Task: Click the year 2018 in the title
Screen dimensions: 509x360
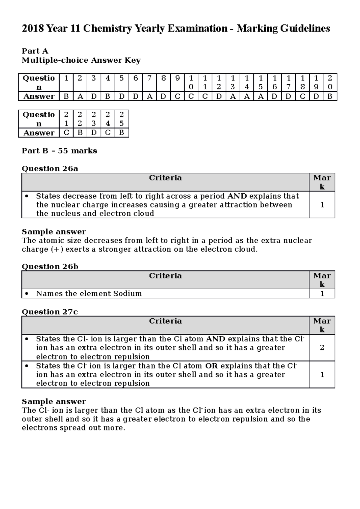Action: click(33, 29)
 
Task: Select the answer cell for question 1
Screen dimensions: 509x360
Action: click(66, 97)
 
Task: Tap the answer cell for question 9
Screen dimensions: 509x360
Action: click(177, 97)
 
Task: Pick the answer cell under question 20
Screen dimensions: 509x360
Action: click(330, 97)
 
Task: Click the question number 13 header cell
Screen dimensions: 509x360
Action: click(233, 82)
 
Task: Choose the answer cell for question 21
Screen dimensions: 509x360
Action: click(66, 133)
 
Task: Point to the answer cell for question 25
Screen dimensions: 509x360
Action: click(121, 133)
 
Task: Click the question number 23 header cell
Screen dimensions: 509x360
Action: click(94, 119)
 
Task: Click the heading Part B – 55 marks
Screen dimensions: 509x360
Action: click(59, 151)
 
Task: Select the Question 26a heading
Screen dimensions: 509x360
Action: click(50, 169)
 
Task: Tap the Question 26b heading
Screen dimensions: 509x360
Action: click(50, 266)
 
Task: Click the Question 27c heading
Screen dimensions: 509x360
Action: click(50, 312)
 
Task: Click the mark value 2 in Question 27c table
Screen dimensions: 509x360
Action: click(322, 348)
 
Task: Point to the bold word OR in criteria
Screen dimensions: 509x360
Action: click(211, 366)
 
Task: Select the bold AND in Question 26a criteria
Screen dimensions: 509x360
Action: click(237, 196)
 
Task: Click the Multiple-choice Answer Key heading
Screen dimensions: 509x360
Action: click(81, 61)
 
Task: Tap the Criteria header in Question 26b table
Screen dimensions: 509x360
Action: click(165, 276)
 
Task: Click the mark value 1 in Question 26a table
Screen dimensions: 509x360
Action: click(322, 205)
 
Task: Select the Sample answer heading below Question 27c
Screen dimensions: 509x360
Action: click(54, 401)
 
